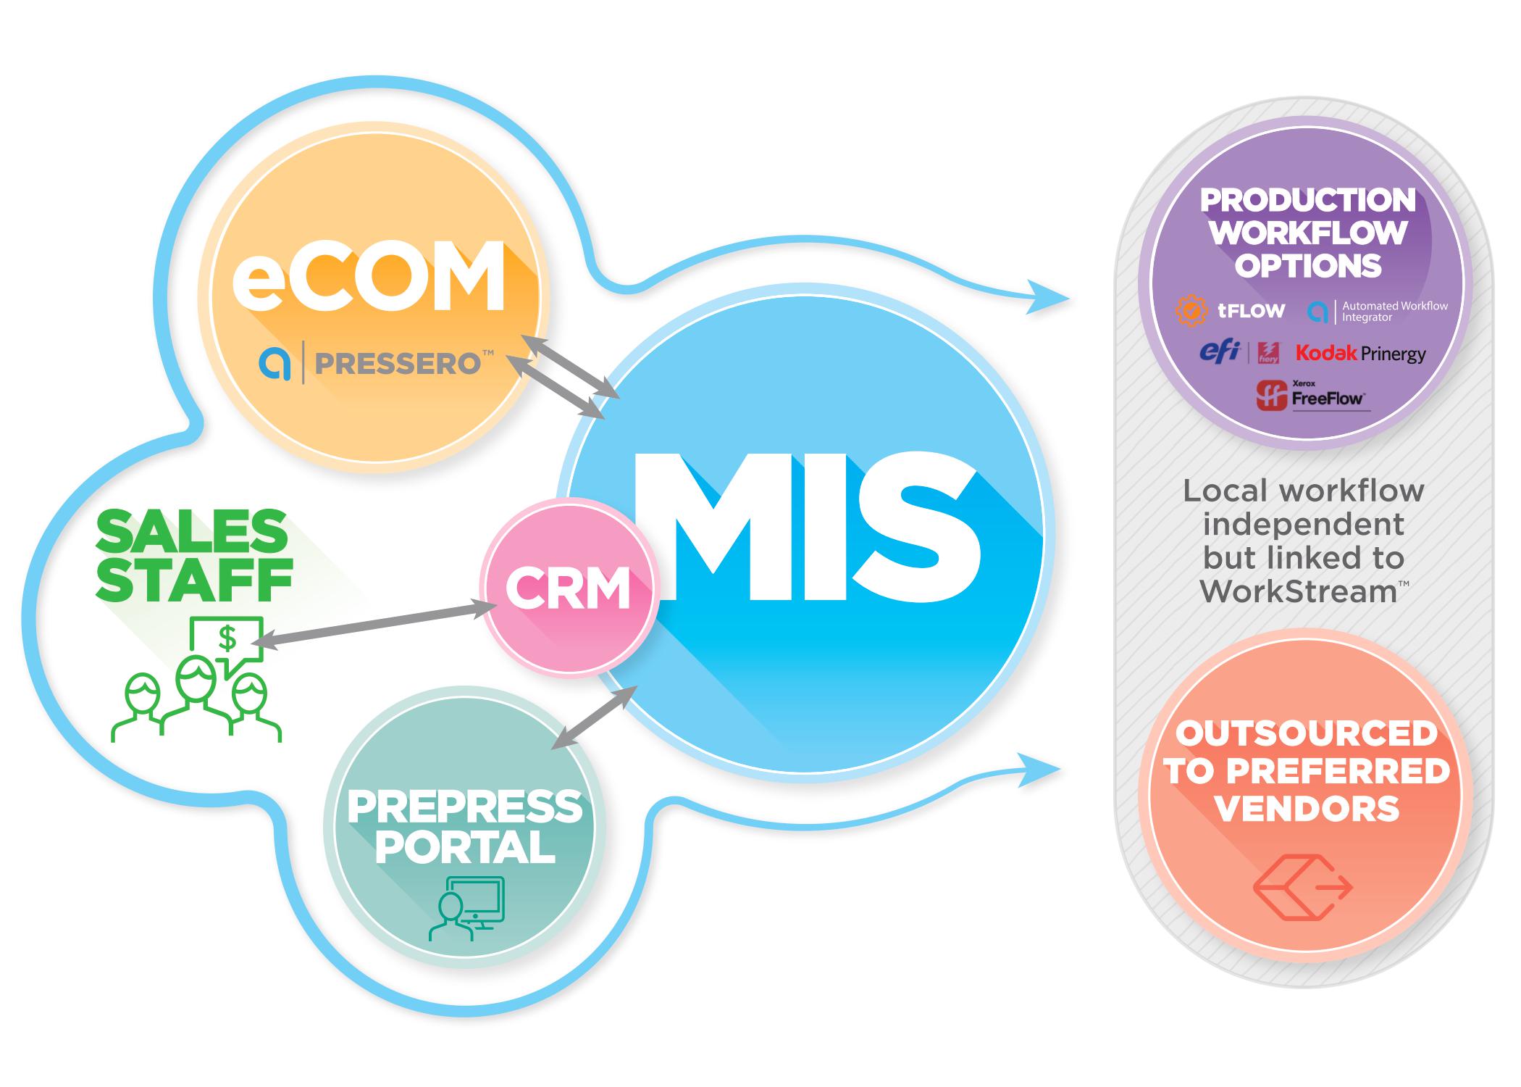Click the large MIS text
[804, 529]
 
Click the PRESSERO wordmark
[398, 362]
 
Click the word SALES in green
[192, 531]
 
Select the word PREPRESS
[464, 807]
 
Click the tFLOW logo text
[1251, 311]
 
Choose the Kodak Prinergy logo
[1360, 354]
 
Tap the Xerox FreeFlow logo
[1312, 396]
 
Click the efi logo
[1220, 351]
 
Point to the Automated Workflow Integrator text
[1394, 312]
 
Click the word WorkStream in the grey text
[1296, 592]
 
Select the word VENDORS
[1307, 808]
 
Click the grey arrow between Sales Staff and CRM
[374, 624]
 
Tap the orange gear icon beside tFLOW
[1191, 311]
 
